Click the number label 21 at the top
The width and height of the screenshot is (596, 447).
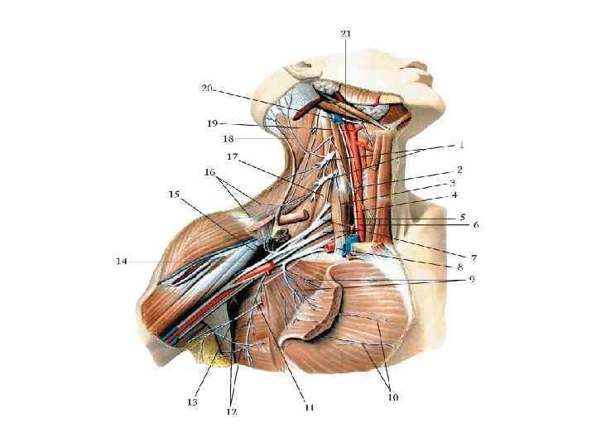click(346, 33)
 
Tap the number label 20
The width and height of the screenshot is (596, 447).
click(207, 88)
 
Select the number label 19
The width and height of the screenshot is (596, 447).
click(213, 123)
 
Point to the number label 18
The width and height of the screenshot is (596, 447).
click(228, 139)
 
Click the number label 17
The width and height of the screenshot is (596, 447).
click(233, 156)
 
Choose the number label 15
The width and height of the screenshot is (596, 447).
click(173, 195)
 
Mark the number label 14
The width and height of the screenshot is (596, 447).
click(121, 262)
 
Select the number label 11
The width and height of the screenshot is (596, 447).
click(310, 406)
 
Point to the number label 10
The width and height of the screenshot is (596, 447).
click(392, 397)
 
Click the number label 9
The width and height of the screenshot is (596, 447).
click(471, 279)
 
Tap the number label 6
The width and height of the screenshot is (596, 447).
click(476, 224)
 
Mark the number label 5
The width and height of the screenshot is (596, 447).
click(464, 217)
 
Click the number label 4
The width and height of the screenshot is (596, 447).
click(454, 196)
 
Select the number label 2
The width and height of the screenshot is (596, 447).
click(459, 169)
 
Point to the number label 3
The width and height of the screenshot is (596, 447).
click(454, 183)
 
